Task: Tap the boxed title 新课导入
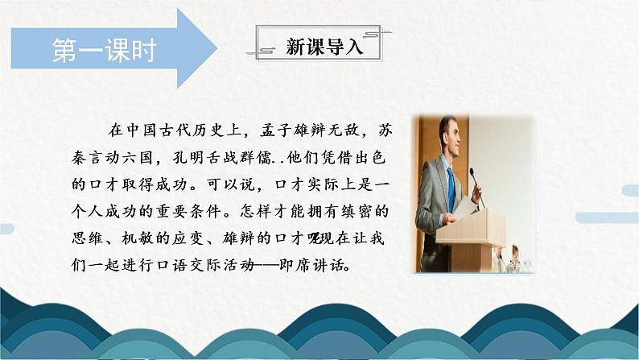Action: pos(325,47)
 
